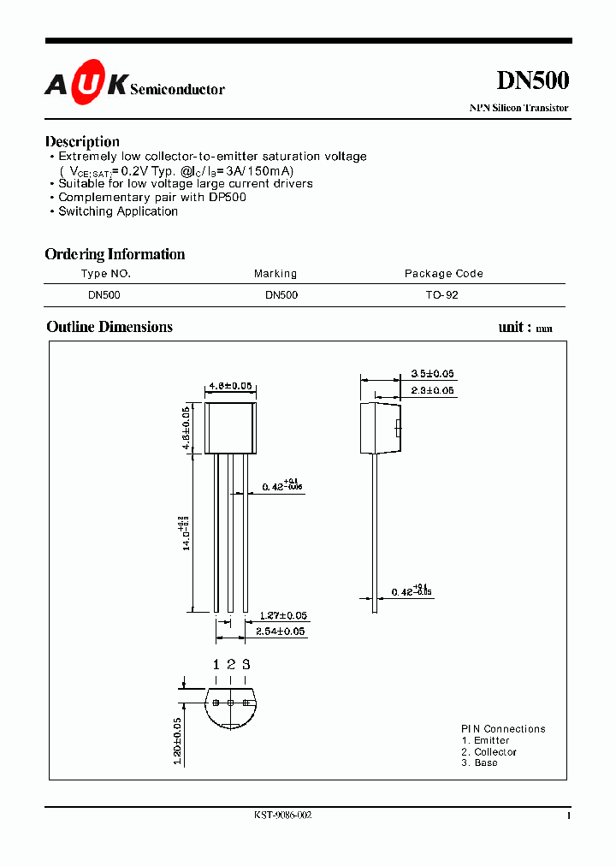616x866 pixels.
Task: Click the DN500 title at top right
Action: (x=532, y=80)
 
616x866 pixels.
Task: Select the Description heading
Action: (x=82, y=141)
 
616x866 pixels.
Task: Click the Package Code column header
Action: (x=443, y=274)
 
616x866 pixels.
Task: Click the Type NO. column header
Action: (x=106, y=274)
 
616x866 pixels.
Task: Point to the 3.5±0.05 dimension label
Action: (x=432, y=374)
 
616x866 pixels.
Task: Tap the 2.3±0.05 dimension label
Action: (x=432, y=390)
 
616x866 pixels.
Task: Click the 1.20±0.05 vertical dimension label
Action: (x=176, y=740)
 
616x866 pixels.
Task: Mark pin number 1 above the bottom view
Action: (x=216, y=664)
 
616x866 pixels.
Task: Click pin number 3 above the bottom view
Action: (x=246, y=664)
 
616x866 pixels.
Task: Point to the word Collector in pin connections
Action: (x=495, y=751)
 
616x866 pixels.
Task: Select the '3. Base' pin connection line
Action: (x=479, y=762)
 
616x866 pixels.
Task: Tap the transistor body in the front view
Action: (x=230, y=428)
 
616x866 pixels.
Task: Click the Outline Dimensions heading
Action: (x=110, y=327)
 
